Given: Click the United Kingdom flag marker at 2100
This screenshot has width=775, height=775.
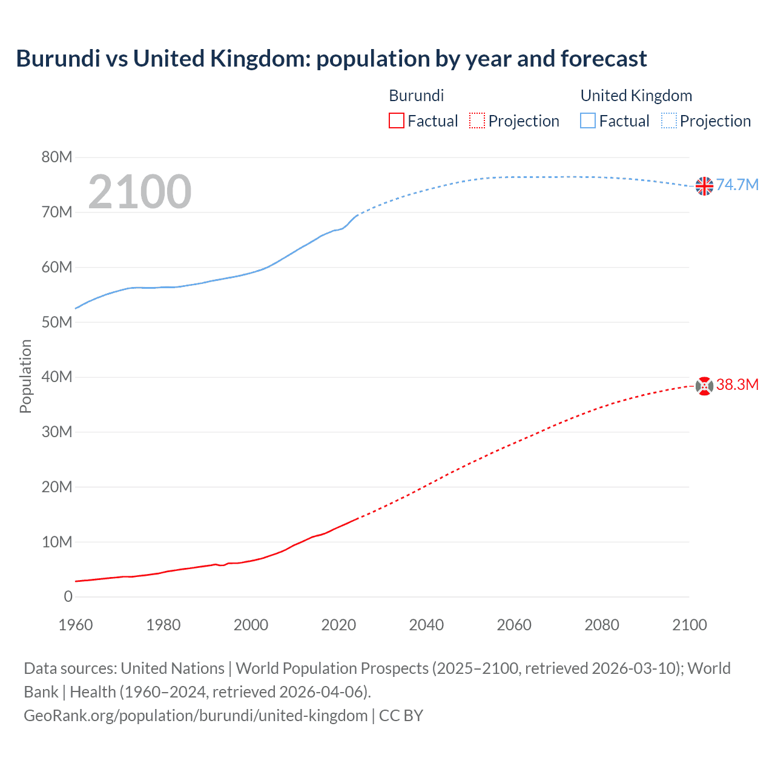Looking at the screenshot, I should pyautogui.click(x=704, y=186).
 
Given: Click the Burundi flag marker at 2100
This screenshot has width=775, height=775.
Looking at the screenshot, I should pyautogui.click(x=704, y=386).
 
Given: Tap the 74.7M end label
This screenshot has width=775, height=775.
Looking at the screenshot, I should pyautogui.click(x=737, y=185).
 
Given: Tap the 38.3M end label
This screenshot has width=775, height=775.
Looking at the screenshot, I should pyautogui.click(x=737, y=384).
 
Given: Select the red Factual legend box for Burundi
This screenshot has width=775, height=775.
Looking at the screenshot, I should pyautogui.click(x=396, y=121).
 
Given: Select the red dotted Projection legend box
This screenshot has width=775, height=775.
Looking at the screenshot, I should pyautogui.click(x=477, y=121).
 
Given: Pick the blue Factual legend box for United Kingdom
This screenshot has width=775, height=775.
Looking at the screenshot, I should pyautogui.click(x=588, y=121).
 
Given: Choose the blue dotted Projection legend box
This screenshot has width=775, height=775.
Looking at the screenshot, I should pyautogui.click(x=669, y=121).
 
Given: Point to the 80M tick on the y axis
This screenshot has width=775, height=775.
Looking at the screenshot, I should pyautogui.click(x=57, y=157).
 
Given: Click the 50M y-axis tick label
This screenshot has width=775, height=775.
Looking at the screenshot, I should pyautogui.click(x=57, y=322).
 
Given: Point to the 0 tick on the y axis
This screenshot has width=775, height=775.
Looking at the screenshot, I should pyautogui.click(x=68, y=596).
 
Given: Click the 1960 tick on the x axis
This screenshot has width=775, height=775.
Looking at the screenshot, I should pyautogui.click(x=76, y=625).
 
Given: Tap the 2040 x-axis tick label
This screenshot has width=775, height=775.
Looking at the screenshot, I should pyautogui.click(x=426, y=625).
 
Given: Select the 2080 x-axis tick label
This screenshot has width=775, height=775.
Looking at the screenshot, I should pyautogui.click(x=602, y=625).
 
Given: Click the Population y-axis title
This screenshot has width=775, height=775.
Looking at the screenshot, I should pyautogui.click(x=25, y=376).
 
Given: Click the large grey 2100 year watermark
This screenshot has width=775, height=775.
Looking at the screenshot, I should pyautogui.click(x=140, y=192).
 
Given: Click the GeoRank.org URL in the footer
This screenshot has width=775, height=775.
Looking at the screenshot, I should pyautogui.click(x=196, y=715).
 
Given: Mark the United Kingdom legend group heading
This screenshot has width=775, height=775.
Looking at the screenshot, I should pyautogui.click(x=636, y=96).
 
